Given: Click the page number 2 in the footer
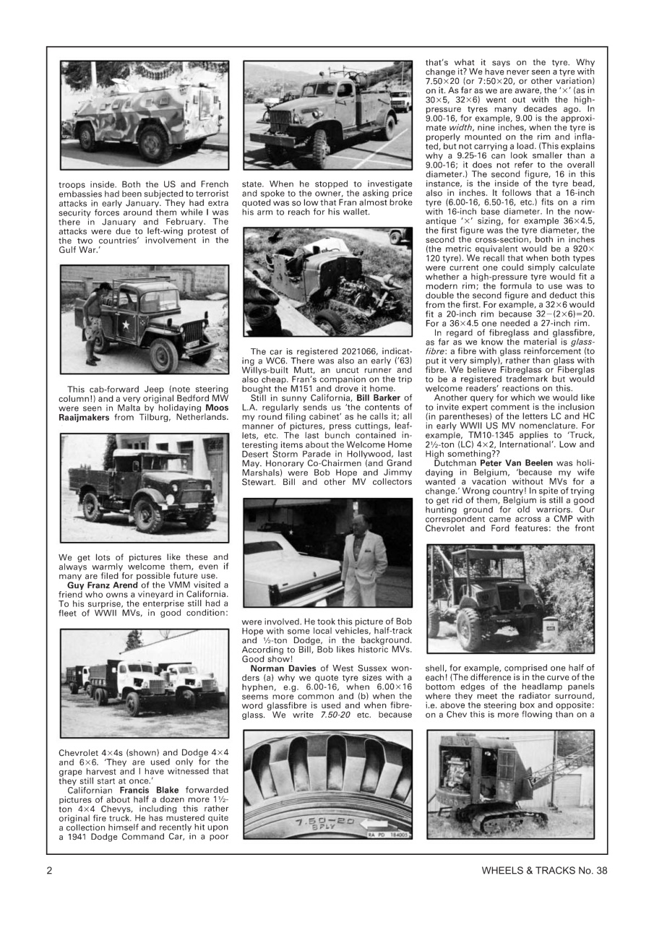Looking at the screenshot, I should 49,870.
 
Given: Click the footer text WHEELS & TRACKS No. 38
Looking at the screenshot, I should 543,870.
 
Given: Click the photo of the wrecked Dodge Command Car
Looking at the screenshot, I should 327,283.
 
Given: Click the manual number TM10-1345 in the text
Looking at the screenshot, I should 490,446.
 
